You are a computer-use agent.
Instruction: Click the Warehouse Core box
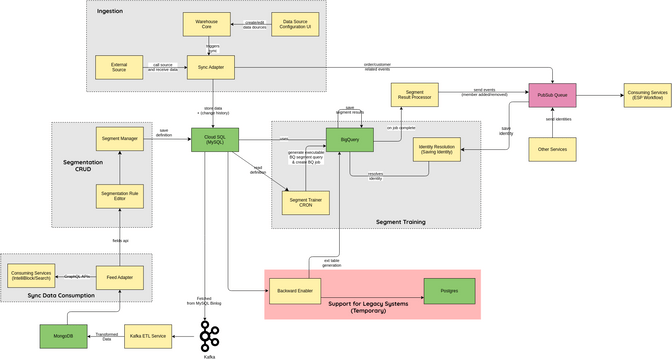[x=210, y=22]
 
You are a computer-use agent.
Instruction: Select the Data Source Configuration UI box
[x=296, y=22]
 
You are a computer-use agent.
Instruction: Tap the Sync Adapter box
[x=210, y=68]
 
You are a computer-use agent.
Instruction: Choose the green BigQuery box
[x=350, y=141]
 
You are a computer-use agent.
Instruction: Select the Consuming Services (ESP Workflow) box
[x=649, y=95]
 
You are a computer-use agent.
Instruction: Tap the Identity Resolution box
[x=439, y=150]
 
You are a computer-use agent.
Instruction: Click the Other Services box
[x=553, y=150]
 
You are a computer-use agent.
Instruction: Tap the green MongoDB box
[x=64, y=337]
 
